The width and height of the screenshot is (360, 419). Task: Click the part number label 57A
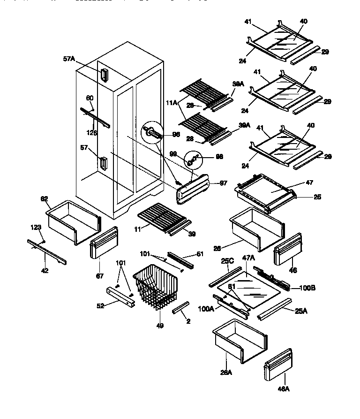68,59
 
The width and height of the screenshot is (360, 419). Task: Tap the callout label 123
36,228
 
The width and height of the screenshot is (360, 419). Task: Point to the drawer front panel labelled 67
102,243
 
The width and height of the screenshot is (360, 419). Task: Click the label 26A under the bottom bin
226,373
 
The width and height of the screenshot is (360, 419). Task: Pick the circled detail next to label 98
192,160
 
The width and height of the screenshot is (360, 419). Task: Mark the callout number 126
92,133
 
